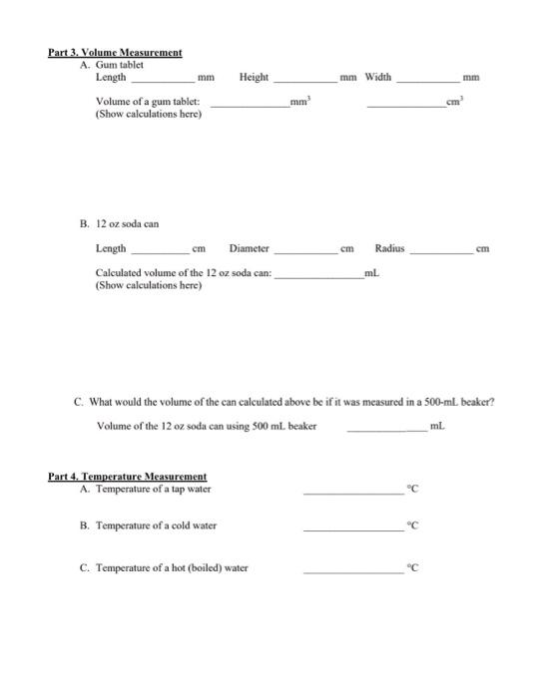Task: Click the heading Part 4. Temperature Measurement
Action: [128, 476]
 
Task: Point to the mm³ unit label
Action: [296, 102]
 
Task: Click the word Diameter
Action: [249, 248]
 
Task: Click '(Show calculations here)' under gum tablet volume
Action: [148, 115]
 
